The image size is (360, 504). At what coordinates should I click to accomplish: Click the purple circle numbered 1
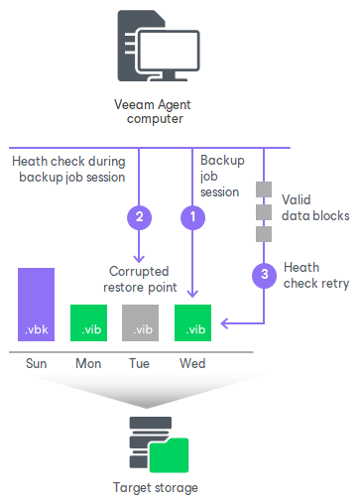192,214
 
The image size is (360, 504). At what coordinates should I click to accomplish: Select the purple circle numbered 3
264,275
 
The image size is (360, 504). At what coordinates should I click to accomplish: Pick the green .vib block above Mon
88,322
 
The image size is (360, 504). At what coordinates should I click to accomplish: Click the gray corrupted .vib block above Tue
140,322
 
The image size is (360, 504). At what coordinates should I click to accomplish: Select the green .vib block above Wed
192,322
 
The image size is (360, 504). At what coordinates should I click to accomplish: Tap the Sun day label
36,363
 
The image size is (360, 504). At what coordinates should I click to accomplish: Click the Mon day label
88,363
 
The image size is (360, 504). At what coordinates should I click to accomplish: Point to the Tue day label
140,363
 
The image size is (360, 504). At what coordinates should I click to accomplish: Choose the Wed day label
192,363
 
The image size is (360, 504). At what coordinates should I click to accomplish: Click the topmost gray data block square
264,188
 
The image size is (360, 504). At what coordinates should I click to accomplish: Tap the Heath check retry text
315,275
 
